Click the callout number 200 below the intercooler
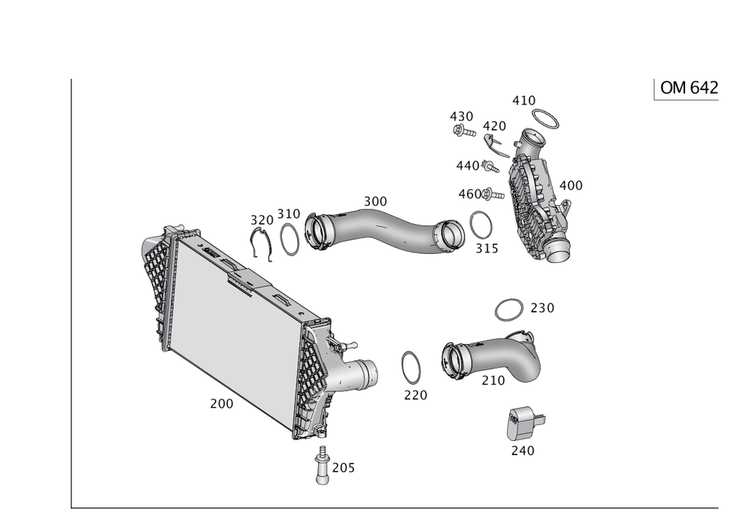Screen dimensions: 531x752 pos(221,404)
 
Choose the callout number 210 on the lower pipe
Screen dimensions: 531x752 pos(493,382)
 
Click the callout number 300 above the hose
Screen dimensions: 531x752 pos(374,201)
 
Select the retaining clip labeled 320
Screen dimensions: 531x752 pos(261,244)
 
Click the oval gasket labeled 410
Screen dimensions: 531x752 pos(546,117)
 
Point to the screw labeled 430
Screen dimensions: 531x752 pos(460,131)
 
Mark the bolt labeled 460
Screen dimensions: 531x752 pos(490,195)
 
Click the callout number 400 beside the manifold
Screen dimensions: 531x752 pos(571,185)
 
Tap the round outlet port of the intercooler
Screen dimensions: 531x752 pos(366,371)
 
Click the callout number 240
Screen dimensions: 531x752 pos(523,451)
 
